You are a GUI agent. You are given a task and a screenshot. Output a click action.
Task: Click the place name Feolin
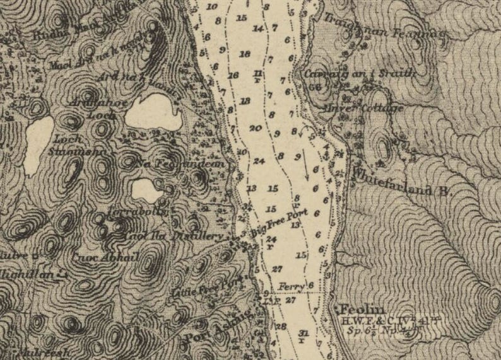(362, 309)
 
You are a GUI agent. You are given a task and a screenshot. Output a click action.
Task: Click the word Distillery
(203, 236)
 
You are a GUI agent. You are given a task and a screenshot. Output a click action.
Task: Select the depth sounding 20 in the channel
(255, 128)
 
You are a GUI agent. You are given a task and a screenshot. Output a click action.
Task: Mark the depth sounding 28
(281, 326)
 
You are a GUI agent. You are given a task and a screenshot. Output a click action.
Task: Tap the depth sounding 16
(233, 76)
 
